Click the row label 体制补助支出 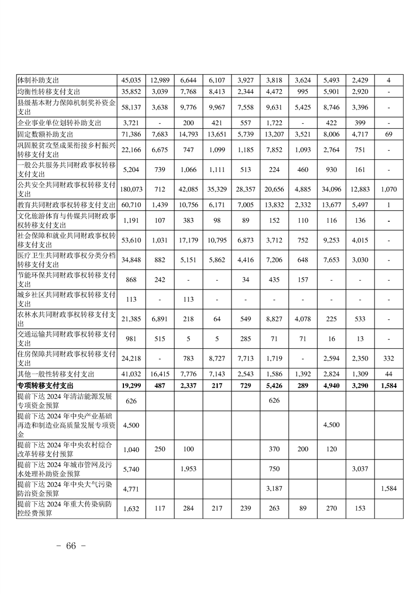coord(38,80)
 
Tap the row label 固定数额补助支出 coord(45,135)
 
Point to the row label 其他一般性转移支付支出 coord(56,375)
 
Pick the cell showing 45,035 coord(131,80)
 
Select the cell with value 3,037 coord(360,469)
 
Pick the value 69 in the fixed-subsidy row coord(389,135)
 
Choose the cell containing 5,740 coord(131,469)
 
